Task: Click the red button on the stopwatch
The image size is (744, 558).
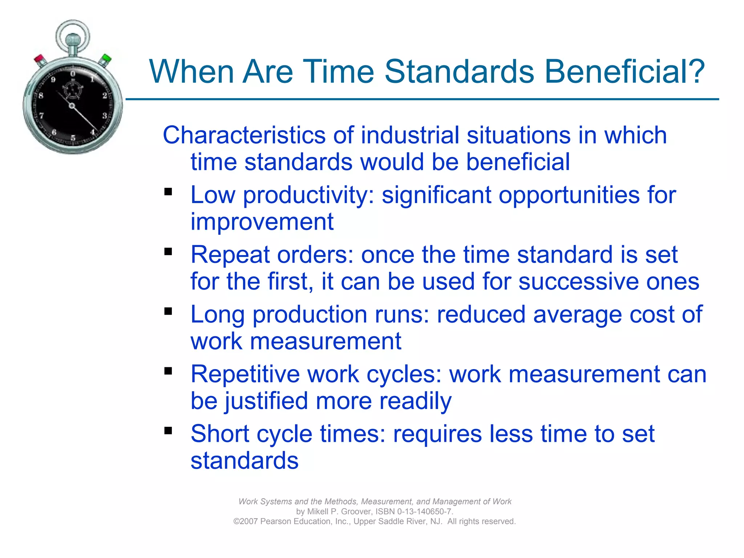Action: [39, 59]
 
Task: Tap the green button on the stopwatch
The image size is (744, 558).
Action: [106, 59]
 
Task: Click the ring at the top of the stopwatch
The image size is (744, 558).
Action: [73, 33]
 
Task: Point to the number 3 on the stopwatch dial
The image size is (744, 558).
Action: [105, 116]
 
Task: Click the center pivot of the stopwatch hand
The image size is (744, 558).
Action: [72, 106]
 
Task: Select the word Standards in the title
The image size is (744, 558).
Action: [459, 72]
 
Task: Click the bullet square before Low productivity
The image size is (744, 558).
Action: [168, 191]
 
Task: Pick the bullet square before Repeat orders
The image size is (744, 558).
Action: [168, 251]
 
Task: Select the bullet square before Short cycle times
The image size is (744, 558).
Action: [168, 430]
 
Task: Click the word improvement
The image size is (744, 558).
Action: [262, 222]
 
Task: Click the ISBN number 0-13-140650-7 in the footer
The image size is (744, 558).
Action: [424, 511]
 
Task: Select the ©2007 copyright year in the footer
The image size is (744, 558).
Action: [246, 521]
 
